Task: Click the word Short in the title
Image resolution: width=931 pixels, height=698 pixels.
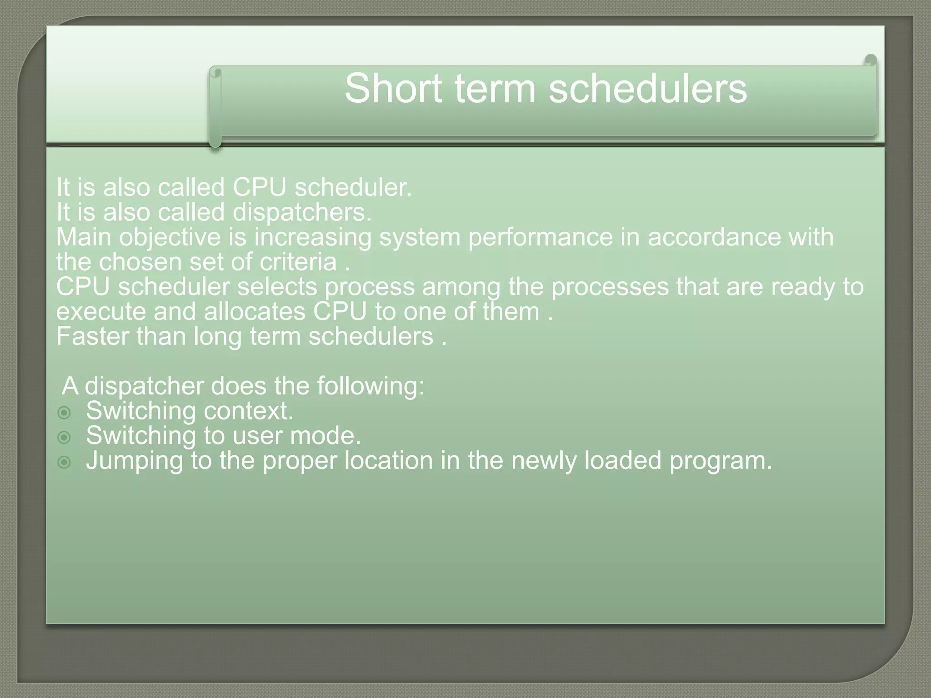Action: tap(393, 88)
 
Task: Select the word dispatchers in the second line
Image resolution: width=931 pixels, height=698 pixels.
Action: tap(302, 213)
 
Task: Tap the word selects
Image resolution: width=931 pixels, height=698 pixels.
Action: tap(277, 287)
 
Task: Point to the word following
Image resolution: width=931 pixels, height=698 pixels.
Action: tap(370, 387)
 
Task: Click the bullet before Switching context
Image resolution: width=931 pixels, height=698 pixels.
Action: tap(65, 413)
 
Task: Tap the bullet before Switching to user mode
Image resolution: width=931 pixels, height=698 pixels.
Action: tap(65, 438)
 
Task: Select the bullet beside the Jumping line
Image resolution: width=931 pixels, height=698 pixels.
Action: tap(65, 463)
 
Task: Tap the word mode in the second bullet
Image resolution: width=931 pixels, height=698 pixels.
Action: tap(325, 436)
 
